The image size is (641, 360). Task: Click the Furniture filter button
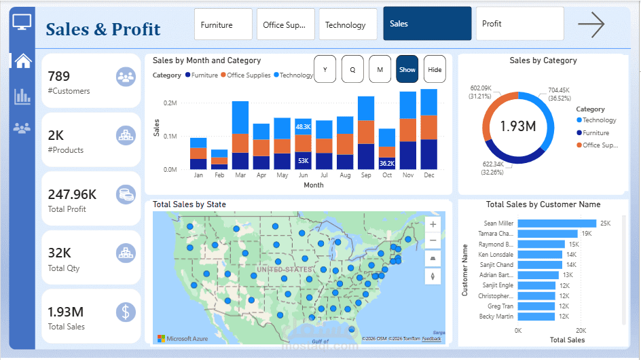(223, 25)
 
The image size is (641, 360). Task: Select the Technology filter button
(348, 25)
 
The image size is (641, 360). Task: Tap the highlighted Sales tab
(426, 24)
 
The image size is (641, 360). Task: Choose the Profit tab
(519, 24)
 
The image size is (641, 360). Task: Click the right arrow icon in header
(591, 25)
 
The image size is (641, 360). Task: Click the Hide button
(435, 69)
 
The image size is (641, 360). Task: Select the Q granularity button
(352, 69)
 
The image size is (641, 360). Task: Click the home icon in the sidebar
(23, 61)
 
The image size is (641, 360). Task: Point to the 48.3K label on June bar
(303, 126)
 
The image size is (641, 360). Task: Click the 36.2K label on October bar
(387, 163)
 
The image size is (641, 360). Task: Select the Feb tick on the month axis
(219, 175)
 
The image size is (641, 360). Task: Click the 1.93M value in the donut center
(518, 126)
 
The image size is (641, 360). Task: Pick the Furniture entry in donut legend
(595, 133)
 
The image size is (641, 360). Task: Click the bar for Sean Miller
(556, 223)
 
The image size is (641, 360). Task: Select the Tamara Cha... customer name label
(496, 234)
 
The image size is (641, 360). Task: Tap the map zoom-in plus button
(433, 224)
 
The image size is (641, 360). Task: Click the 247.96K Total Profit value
(72, 194)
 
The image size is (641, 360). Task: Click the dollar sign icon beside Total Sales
(125, 312)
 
